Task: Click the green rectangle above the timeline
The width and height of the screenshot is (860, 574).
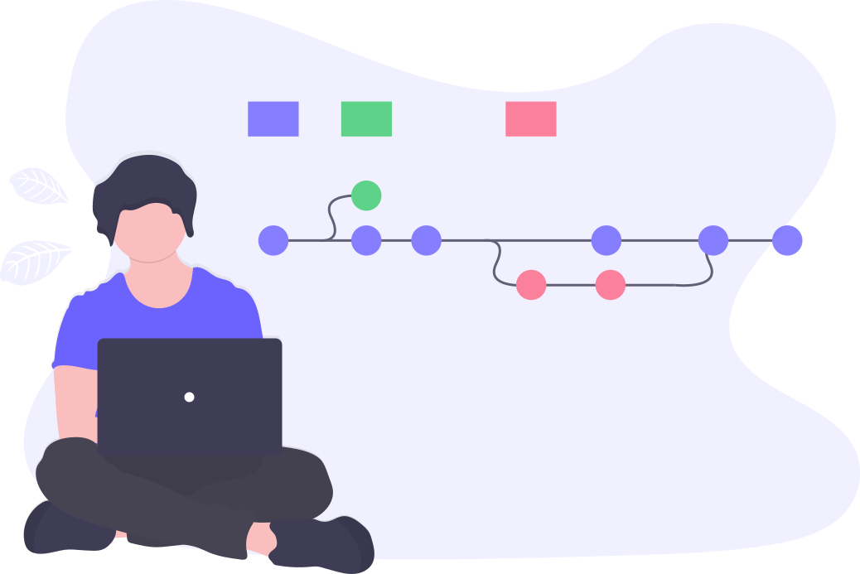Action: (366, 118)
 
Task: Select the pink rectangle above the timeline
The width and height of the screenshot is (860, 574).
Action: (530, 118)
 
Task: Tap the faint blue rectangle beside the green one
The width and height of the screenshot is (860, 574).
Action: (273, 118)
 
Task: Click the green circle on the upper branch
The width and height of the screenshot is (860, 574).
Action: (366, 195)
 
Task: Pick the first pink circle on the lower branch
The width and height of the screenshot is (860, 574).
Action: (531, 285)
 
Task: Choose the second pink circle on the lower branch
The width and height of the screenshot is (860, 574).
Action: (610, 285)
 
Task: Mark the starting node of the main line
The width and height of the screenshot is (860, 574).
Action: (273, 240)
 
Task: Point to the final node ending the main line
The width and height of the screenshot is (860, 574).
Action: (787, 240)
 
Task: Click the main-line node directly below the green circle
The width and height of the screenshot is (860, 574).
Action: (366, 240)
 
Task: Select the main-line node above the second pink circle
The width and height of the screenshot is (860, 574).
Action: (606, 240)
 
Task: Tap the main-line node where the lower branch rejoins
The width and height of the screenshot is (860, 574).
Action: (713, 240)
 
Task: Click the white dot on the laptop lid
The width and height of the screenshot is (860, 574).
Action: (189, 397)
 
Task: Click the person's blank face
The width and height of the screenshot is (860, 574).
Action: (149, 232)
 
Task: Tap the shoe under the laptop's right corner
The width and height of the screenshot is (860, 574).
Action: (327, 543)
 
